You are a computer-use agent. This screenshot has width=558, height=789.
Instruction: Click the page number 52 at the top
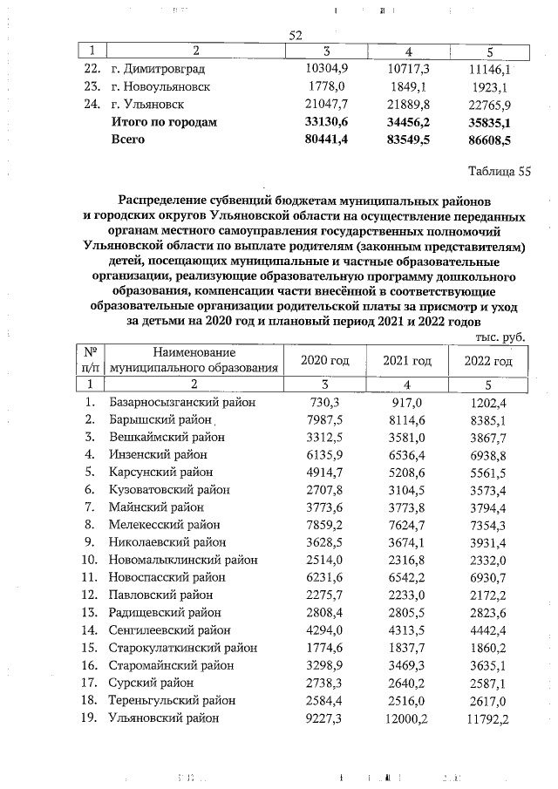[x=295, y=35]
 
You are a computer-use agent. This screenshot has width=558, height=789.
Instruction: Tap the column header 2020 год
[x=324, y=361]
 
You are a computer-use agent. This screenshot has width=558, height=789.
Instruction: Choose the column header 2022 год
[x=488, y=361]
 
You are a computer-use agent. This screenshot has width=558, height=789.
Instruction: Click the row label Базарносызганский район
[x=171, y=403]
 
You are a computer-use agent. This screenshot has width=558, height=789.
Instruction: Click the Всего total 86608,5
[x=488, y=139]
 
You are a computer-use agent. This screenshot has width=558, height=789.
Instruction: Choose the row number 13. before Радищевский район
[x=89, y=613]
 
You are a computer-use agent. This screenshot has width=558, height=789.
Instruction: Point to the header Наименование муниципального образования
[x=194, y=360]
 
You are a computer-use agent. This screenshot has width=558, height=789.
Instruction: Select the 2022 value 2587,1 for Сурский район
[x=488, y=684]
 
